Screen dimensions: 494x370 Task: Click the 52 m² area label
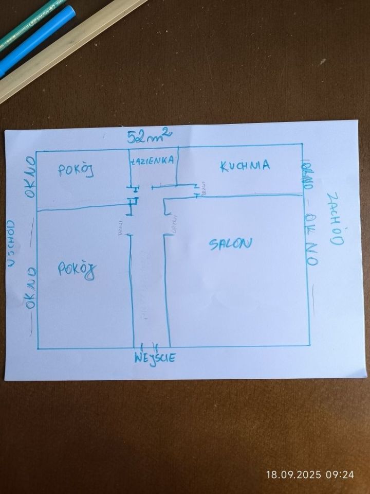[x=150, y=136]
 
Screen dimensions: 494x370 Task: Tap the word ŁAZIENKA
[x=154, y=161]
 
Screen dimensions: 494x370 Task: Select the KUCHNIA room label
[x=245, y=166]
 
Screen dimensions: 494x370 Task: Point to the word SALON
[x=231, y=244]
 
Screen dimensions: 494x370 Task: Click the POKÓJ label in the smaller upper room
[x=76, y=171]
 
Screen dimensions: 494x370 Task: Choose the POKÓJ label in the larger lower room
[x=77, y=269]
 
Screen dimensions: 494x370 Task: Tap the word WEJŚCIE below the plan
[x=155, y=358]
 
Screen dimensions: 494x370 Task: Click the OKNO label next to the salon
[x=310, y=240]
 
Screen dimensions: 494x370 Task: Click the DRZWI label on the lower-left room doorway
[x=121, y=227]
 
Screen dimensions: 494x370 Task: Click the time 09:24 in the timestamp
[x=340, y=474]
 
